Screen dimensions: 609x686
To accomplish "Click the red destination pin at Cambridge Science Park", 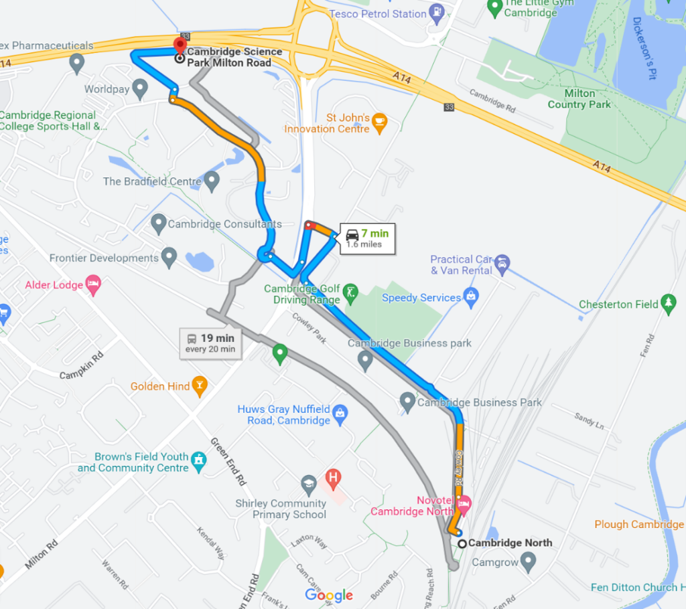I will (180, 46).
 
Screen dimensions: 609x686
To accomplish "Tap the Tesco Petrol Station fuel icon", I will (437, 11).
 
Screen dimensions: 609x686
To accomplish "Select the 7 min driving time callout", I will (366, 238).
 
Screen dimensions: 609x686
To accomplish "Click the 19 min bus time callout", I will (210, 343).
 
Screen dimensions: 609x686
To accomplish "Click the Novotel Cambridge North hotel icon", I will (464, 503).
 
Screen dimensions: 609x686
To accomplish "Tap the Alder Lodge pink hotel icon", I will (93, 284).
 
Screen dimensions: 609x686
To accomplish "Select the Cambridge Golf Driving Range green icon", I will (350, 292).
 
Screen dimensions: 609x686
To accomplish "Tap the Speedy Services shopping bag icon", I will (471, 296).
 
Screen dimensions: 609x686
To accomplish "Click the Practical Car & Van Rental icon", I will (502, 264).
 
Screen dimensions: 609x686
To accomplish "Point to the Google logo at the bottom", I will (329, 595).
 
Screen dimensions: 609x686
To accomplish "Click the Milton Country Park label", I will (579, 99).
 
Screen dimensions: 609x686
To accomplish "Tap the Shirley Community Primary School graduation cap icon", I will (308, 482).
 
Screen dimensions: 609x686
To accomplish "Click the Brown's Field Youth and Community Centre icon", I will (198, 460).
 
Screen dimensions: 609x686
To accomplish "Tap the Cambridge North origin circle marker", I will (462, 543).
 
